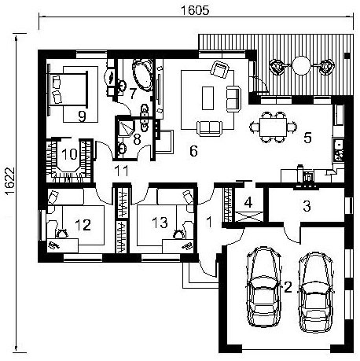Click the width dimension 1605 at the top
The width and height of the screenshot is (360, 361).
point(195,10)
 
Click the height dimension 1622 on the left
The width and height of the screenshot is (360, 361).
point(10,181)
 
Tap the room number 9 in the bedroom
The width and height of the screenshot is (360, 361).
point(82,116)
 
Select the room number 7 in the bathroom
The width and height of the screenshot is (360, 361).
point(133,94)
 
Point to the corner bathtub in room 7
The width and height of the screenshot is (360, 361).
point(143,75)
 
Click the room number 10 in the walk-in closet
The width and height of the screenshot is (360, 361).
point(70,154)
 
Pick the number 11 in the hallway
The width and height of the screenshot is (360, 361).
point(122,171)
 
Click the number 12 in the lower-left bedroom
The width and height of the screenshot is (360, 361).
point(83,225)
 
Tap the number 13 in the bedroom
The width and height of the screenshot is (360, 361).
point(160,223)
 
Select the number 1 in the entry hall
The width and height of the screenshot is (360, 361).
point(209,223)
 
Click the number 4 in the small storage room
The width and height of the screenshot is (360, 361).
point(248,202)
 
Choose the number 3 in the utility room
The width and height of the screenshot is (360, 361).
point(307,206)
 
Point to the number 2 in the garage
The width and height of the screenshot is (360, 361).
point(288,287)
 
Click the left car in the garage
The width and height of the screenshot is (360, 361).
point(263,287)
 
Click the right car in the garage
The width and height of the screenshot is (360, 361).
point(316,292)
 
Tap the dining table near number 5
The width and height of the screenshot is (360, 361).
point(274,127)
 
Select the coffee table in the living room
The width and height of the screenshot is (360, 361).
point(208,98)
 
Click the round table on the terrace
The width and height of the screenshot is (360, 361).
point(301,65)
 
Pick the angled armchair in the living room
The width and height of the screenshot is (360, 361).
point(220,69)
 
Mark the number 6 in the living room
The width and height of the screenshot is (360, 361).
point(193,151)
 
